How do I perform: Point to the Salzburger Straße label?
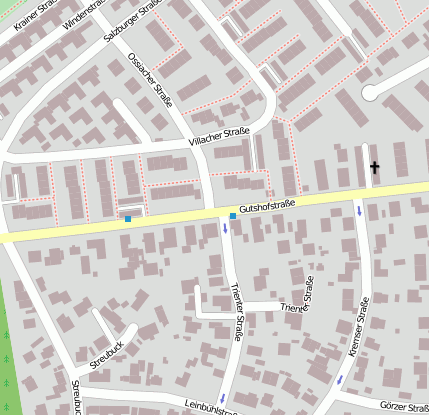tap(133, 21)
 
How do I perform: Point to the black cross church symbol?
tap(375, 167)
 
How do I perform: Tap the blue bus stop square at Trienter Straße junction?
tap(233, 216)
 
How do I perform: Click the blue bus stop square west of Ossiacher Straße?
tap(128, 218)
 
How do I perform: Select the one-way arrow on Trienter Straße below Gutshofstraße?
tap(225, 229)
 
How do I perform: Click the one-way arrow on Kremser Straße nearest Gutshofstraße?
tap(359, 211)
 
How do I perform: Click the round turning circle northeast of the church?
tap(372, 93)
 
